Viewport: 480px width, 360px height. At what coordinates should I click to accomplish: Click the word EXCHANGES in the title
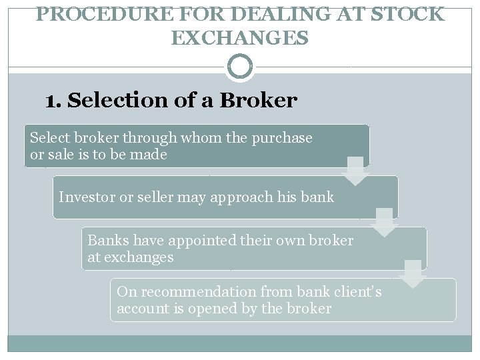pyautogui.click(x=239, y=39)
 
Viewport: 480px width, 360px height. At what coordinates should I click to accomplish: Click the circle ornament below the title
pyautogui.click(x=239, y=67)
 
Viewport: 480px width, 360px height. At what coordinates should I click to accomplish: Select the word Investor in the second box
pyautogui.click(x=85, y=197)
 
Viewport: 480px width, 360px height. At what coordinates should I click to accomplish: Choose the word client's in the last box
pyautogui.click(x=358, y=292)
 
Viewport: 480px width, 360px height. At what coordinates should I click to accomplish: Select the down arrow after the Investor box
pyautogui.click(x=384, y=222)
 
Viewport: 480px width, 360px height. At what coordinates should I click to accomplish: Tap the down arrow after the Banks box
pyautogui.click(x=413, y=274)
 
